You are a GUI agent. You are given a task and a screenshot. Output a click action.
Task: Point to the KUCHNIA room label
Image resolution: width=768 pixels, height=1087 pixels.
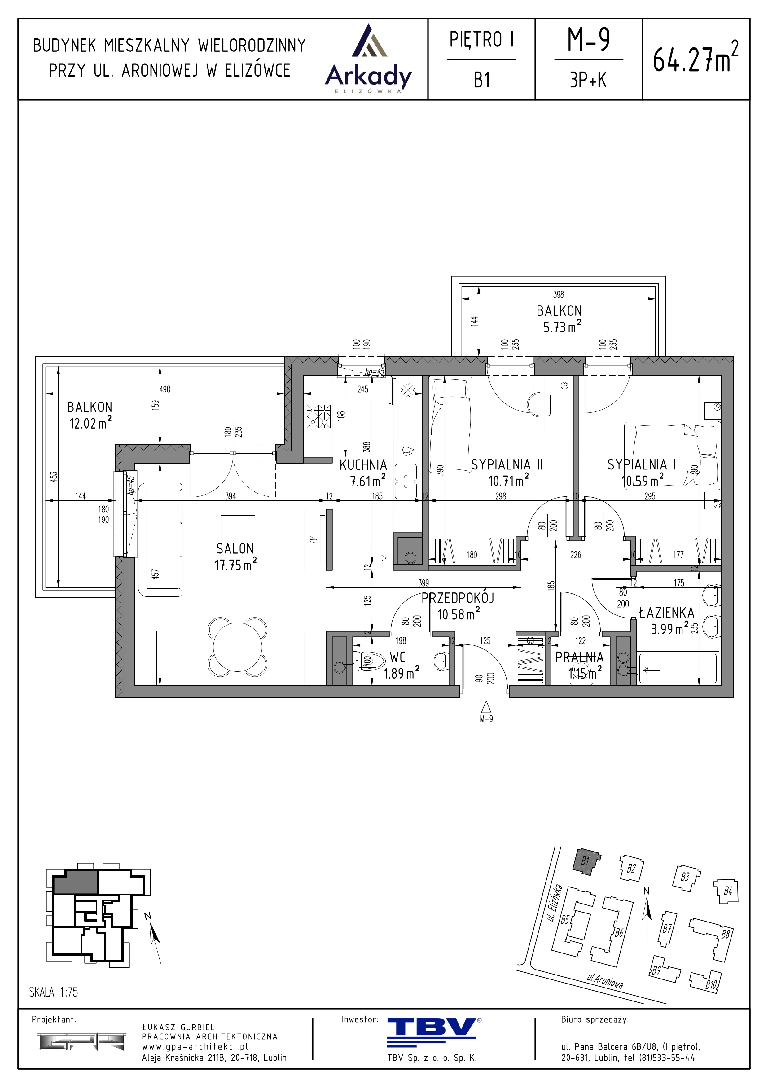pos(363,465)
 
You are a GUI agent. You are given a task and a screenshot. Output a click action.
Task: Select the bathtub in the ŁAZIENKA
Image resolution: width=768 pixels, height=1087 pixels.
pos(678,668)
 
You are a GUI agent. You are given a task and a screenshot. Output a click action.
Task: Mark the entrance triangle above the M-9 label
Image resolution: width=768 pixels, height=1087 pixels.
pos(486,707)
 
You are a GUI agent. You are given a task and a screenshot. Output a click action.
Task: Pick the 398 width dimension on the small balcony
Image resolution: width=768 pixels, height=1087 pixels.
pos(559,294)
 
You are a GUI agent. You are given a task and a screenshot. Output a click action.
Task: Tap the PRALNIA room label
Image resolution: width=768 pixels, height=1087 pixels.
pos(579,657)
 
